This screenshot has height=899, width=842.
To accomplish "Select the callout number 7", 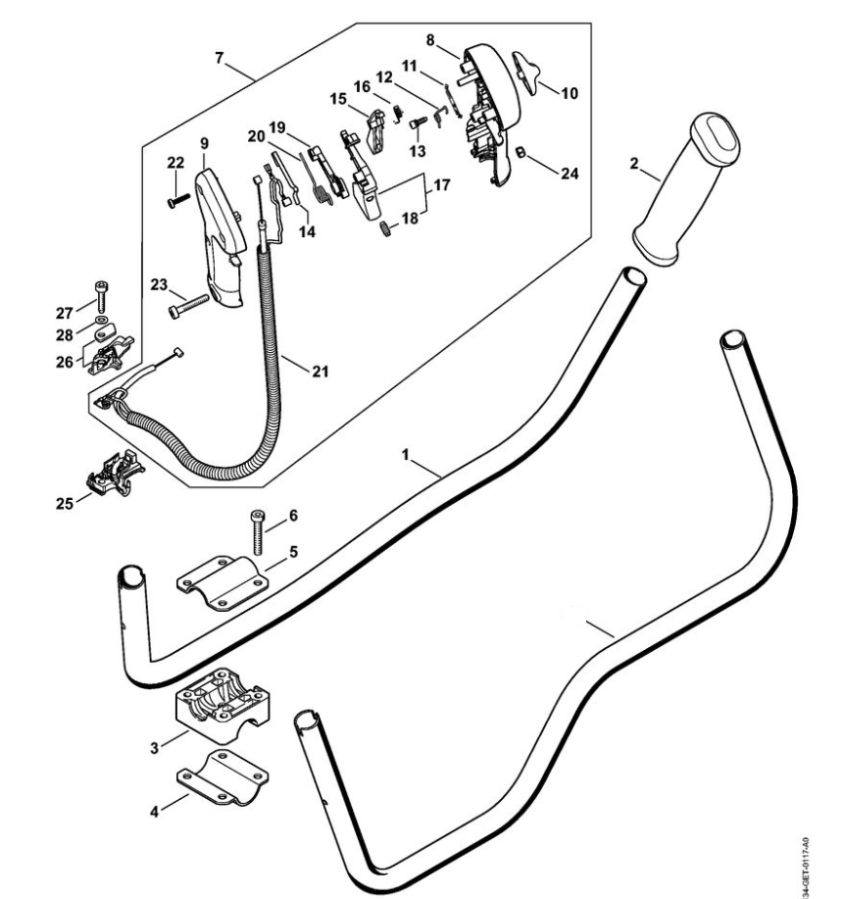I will [x=219, y=61].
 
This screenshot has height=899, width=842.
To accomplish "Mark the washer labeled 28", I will [x=102, y=320].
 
